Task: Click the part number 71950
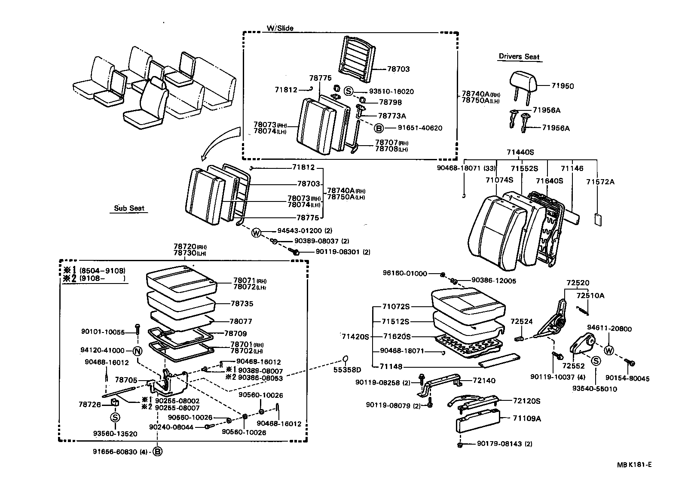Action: [x=562, y=86]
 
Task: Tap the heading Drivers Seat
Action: [x=519, y=57]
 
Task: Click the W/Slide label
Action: [x=280, y=28]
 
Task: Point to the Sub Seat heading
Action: [x=129, y=208]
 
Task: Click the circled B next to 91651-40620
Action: [x=379, y=128]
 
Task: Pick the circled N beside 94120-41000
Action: [x=137, y=351]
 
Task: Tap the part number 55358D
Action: [x=348, y=369]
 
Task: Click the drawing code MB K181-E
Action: [x=634, y=464]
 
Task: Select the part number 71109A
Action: [x=527, y=418]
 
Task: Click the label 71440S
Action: [x=520, y=152]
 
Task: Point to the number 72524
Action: [x=522, y=321]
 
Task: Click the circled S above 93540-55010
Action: [x=596, y=361]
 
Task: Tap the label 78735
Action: [x=242, y=303]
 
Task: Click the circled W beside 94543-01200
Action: [x=256, y=233]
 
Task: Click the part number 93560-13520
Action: [x=115, y=434]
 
